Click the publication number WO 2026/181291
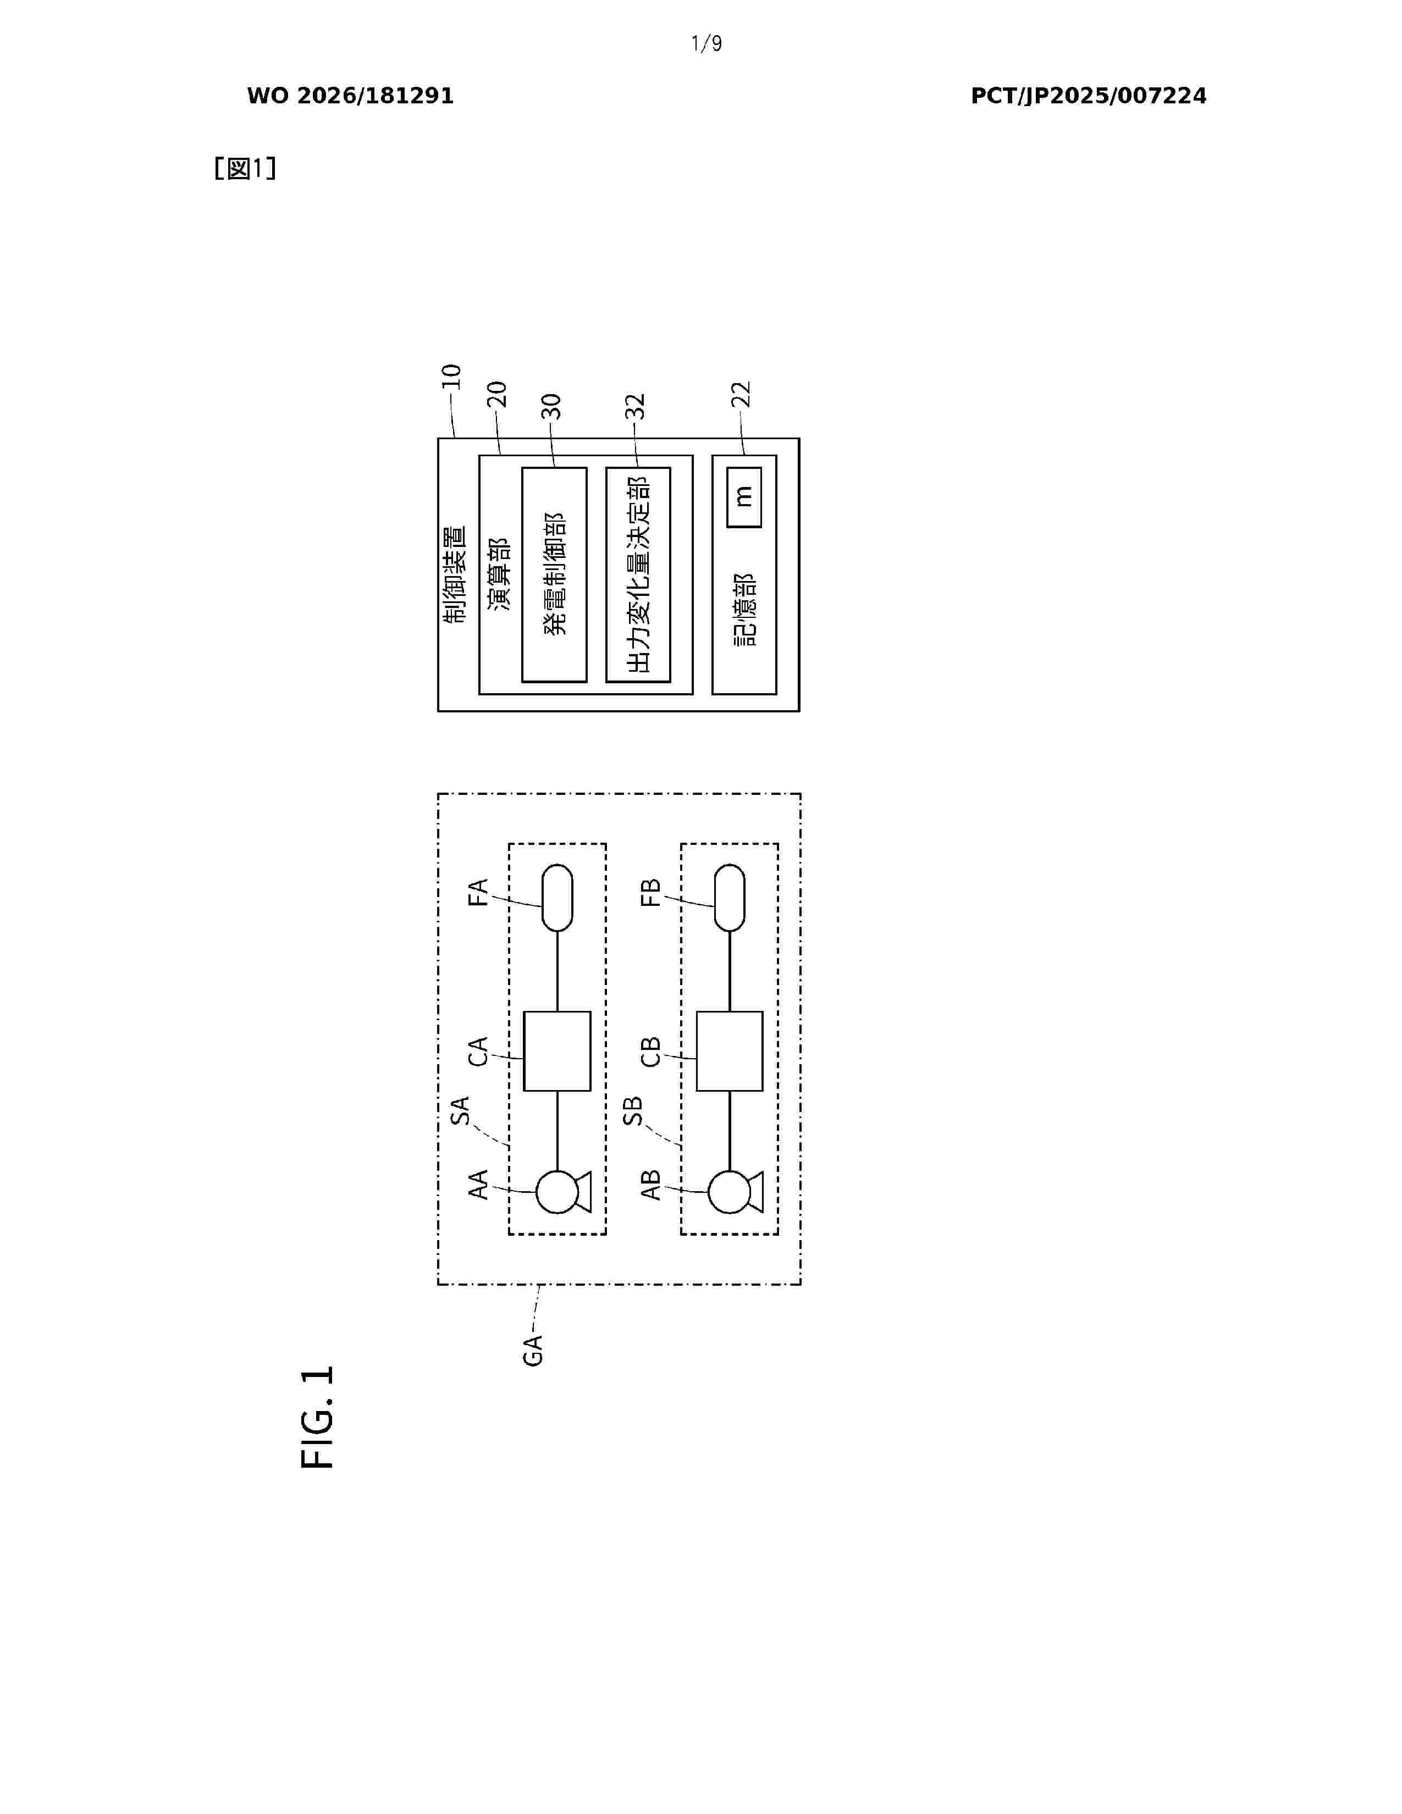pos(351,96)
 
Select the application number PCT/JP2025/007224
pos(1088,96)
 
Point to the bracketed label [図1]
pos(245,169)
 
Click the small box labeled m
pos(744,497)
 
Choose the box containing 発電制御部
pos(554,575)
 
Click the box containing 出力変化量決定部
pos(638,575)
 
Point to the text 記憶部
pos(745,610)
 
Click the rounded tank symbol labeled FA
pos(558,898)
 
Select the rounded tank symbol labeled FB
pos(729,898)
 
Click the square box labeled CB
pos(729,1050)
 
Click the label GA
pos(532,1350)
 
